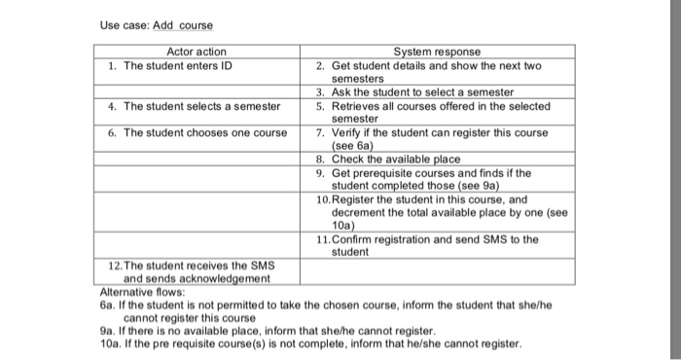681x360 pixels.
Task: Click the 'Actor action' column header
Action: pyautogui.click(x=197, y=52)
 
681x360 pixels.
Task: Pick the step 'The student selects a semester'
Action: pyautogui.click(x=194, y=106)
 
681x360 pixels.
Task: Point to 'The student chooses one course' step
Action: pyautogui.click(x=197, y=132)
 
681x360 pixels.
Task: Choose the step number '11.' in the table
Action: pyautogui.click(x=325, y=239)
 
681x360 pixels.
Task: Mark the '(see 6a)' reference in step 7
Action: pyautogui.click(x=355, y=146)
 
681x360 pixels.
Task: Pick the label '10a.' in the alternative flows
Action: pyautogui.click(x=110, y=343)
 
